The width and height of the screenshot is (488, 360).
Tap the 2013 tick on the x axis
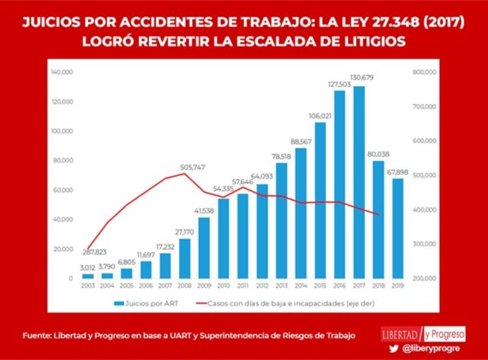tap(282, 285)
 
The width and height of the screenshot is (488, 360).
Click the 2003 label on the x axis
tap(88, 285)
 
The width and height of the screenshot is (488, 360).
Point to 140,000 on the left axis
tap(62, 72)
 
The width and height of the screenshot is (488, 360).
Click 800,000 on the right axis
tap(424, 72)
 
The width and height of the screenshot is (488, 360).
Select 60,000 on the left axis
tap(63, 190)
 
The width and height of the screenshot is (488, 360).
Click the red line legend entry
tap(281, 302)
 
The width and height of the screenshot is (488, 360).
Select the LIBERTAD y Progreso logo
tap(423, 334)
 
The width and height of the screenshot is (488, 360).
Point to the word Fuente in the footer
tap(37, 336)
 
